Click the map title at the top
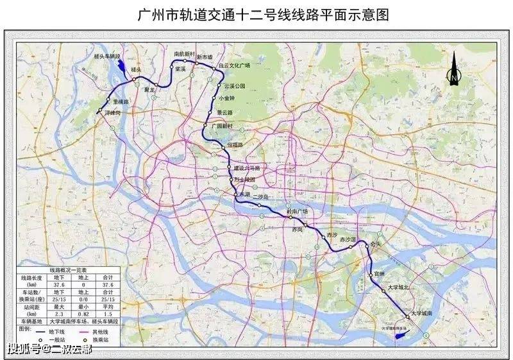tap(257, 14)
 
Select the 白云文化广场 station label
tap(233, 65)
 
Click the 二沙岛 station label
tap(261, 197)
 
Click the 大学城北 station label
tap(399, 288)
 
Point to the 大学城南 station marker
tap(407, 316)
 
